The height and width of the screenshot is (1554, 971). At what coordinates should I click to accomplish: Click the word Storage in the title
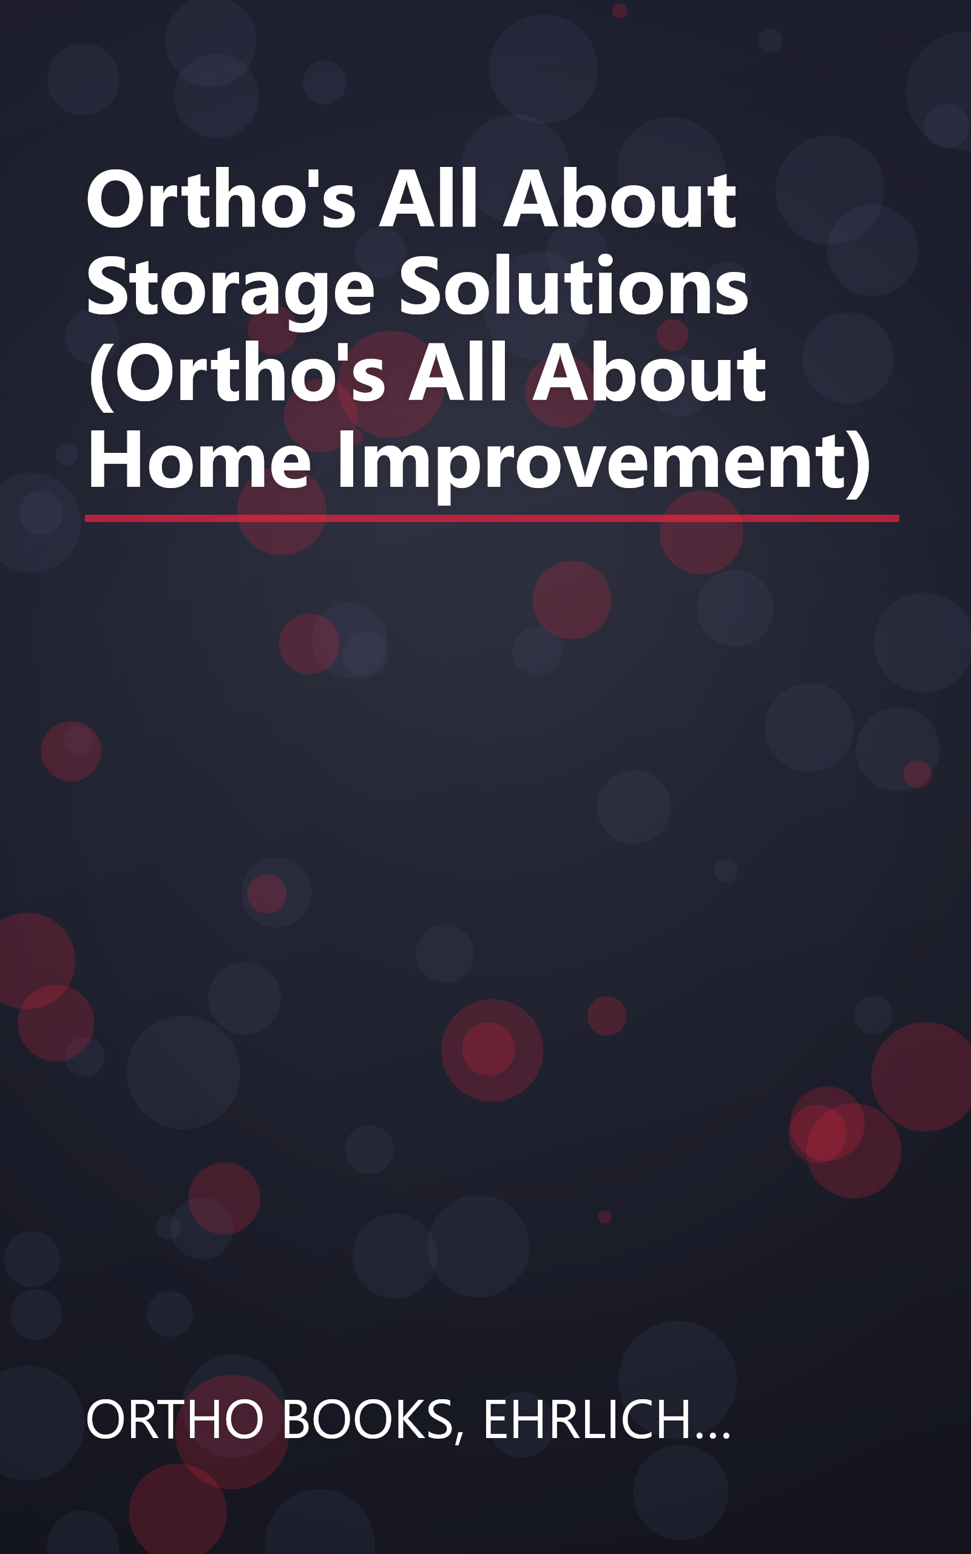point(230,288)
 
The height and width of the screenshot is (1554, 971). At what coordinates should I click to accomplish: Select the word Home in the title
point(199,460)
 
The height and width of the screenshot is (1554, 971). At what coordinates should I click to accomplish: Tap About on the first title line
point(619,199)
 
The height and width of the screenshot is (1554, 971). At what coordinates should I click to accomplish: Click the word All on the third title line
point(459,374)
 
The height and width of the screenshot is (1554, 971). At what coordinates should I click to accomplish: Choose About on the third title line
point(649,374)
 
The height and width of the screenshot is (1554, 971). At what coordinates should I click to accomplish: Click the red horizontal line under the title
point(492,518)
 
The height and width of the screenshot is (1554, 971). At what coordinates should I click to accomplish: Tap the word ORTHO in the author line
point(175,1420)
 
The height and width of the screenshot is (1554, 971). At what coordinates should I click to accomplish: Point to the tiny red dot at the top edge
point(619,10)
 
